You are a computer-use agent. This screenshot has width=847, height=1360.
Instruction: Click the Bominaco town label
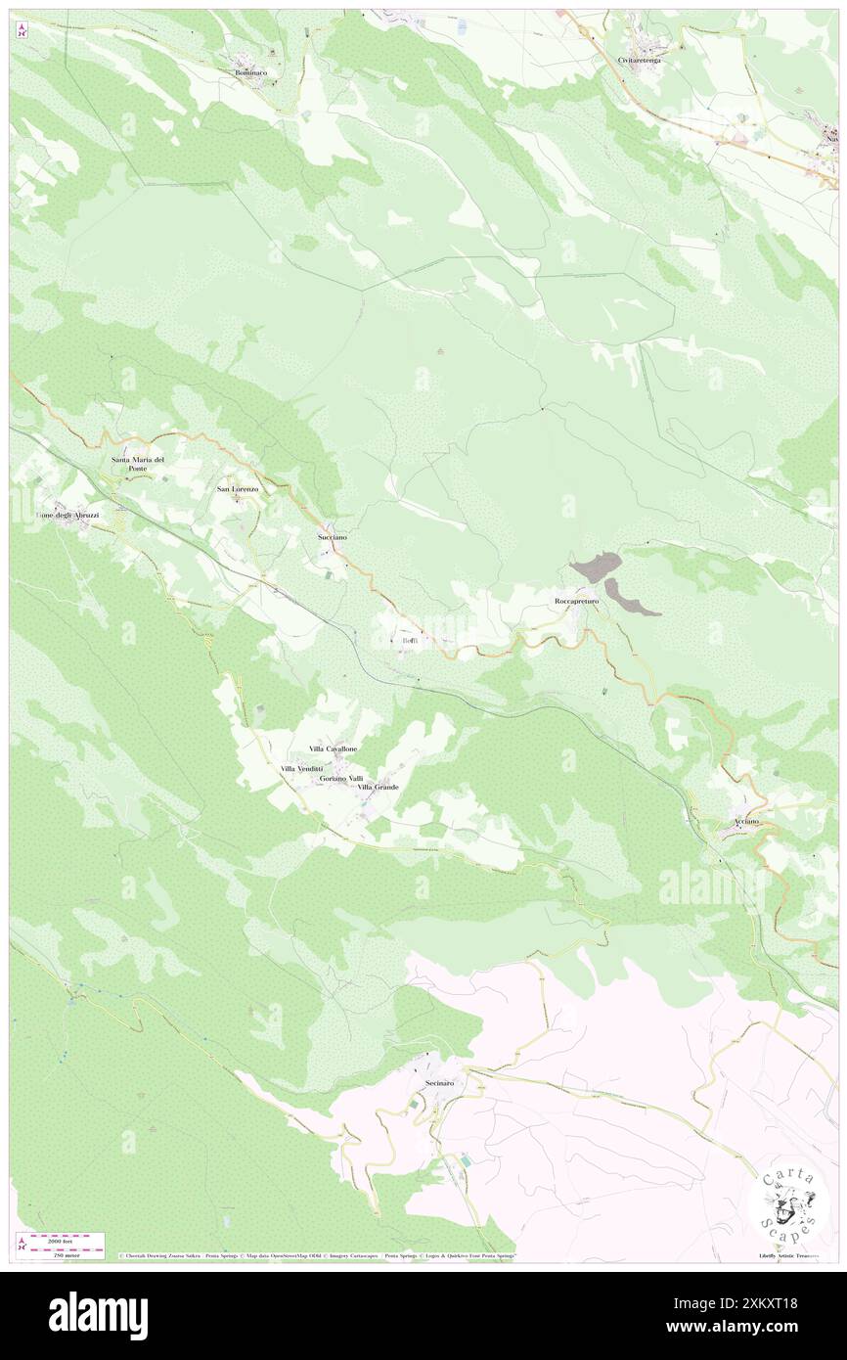[x=251, y=72]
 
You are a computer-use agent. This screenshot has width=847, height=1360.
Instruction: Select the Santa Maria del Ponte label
[x=138, y=464]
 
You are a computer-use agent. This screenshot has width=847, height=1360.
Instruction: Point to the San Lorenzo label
[x=238, y=488]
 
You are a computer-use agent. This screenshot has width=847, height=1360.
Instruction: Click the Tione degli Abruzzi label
[x=67, y=515]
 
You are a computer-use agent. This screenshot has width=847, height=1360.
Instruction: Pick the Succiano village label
[x=332, y=537]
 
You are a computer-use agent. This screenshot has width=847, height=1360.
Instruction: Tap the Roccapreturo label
[x=575, y=602]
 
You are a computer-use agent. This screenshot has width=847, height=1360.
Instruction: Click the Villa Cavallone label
[x=333, y=748]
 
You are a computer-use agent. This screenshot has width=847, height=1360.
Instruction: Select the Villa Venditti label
[x=302, y=769]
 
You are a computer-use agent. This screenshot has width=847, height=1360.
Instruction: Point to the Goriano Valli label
[x=341, y=778]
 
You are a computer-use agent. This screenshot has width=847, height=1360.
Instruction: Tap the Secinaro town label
[x=440, y=1071]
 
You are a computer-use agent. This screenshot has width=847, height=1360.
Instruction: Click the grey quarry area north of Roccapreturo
[x=595, y=566]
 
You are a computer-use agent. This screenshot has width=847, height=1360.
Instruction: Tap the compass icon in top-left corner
[x=22, y=31]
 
